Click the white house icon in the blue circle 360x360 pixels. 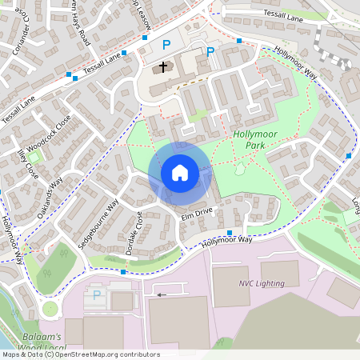[179, 173]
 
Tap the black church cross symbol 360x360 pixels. [163, 67]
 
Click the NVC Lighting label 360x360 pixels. [261, 282]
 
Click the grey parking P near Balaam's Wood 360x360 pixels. [97, 294]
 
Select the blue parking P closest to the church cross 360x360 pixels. [166, 45]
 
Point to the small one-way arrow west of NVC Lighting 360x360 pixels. [162, 294]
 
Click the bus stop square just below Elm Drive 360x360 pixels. [230, 233]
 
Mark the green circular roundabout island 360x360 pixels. [50, 308]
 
